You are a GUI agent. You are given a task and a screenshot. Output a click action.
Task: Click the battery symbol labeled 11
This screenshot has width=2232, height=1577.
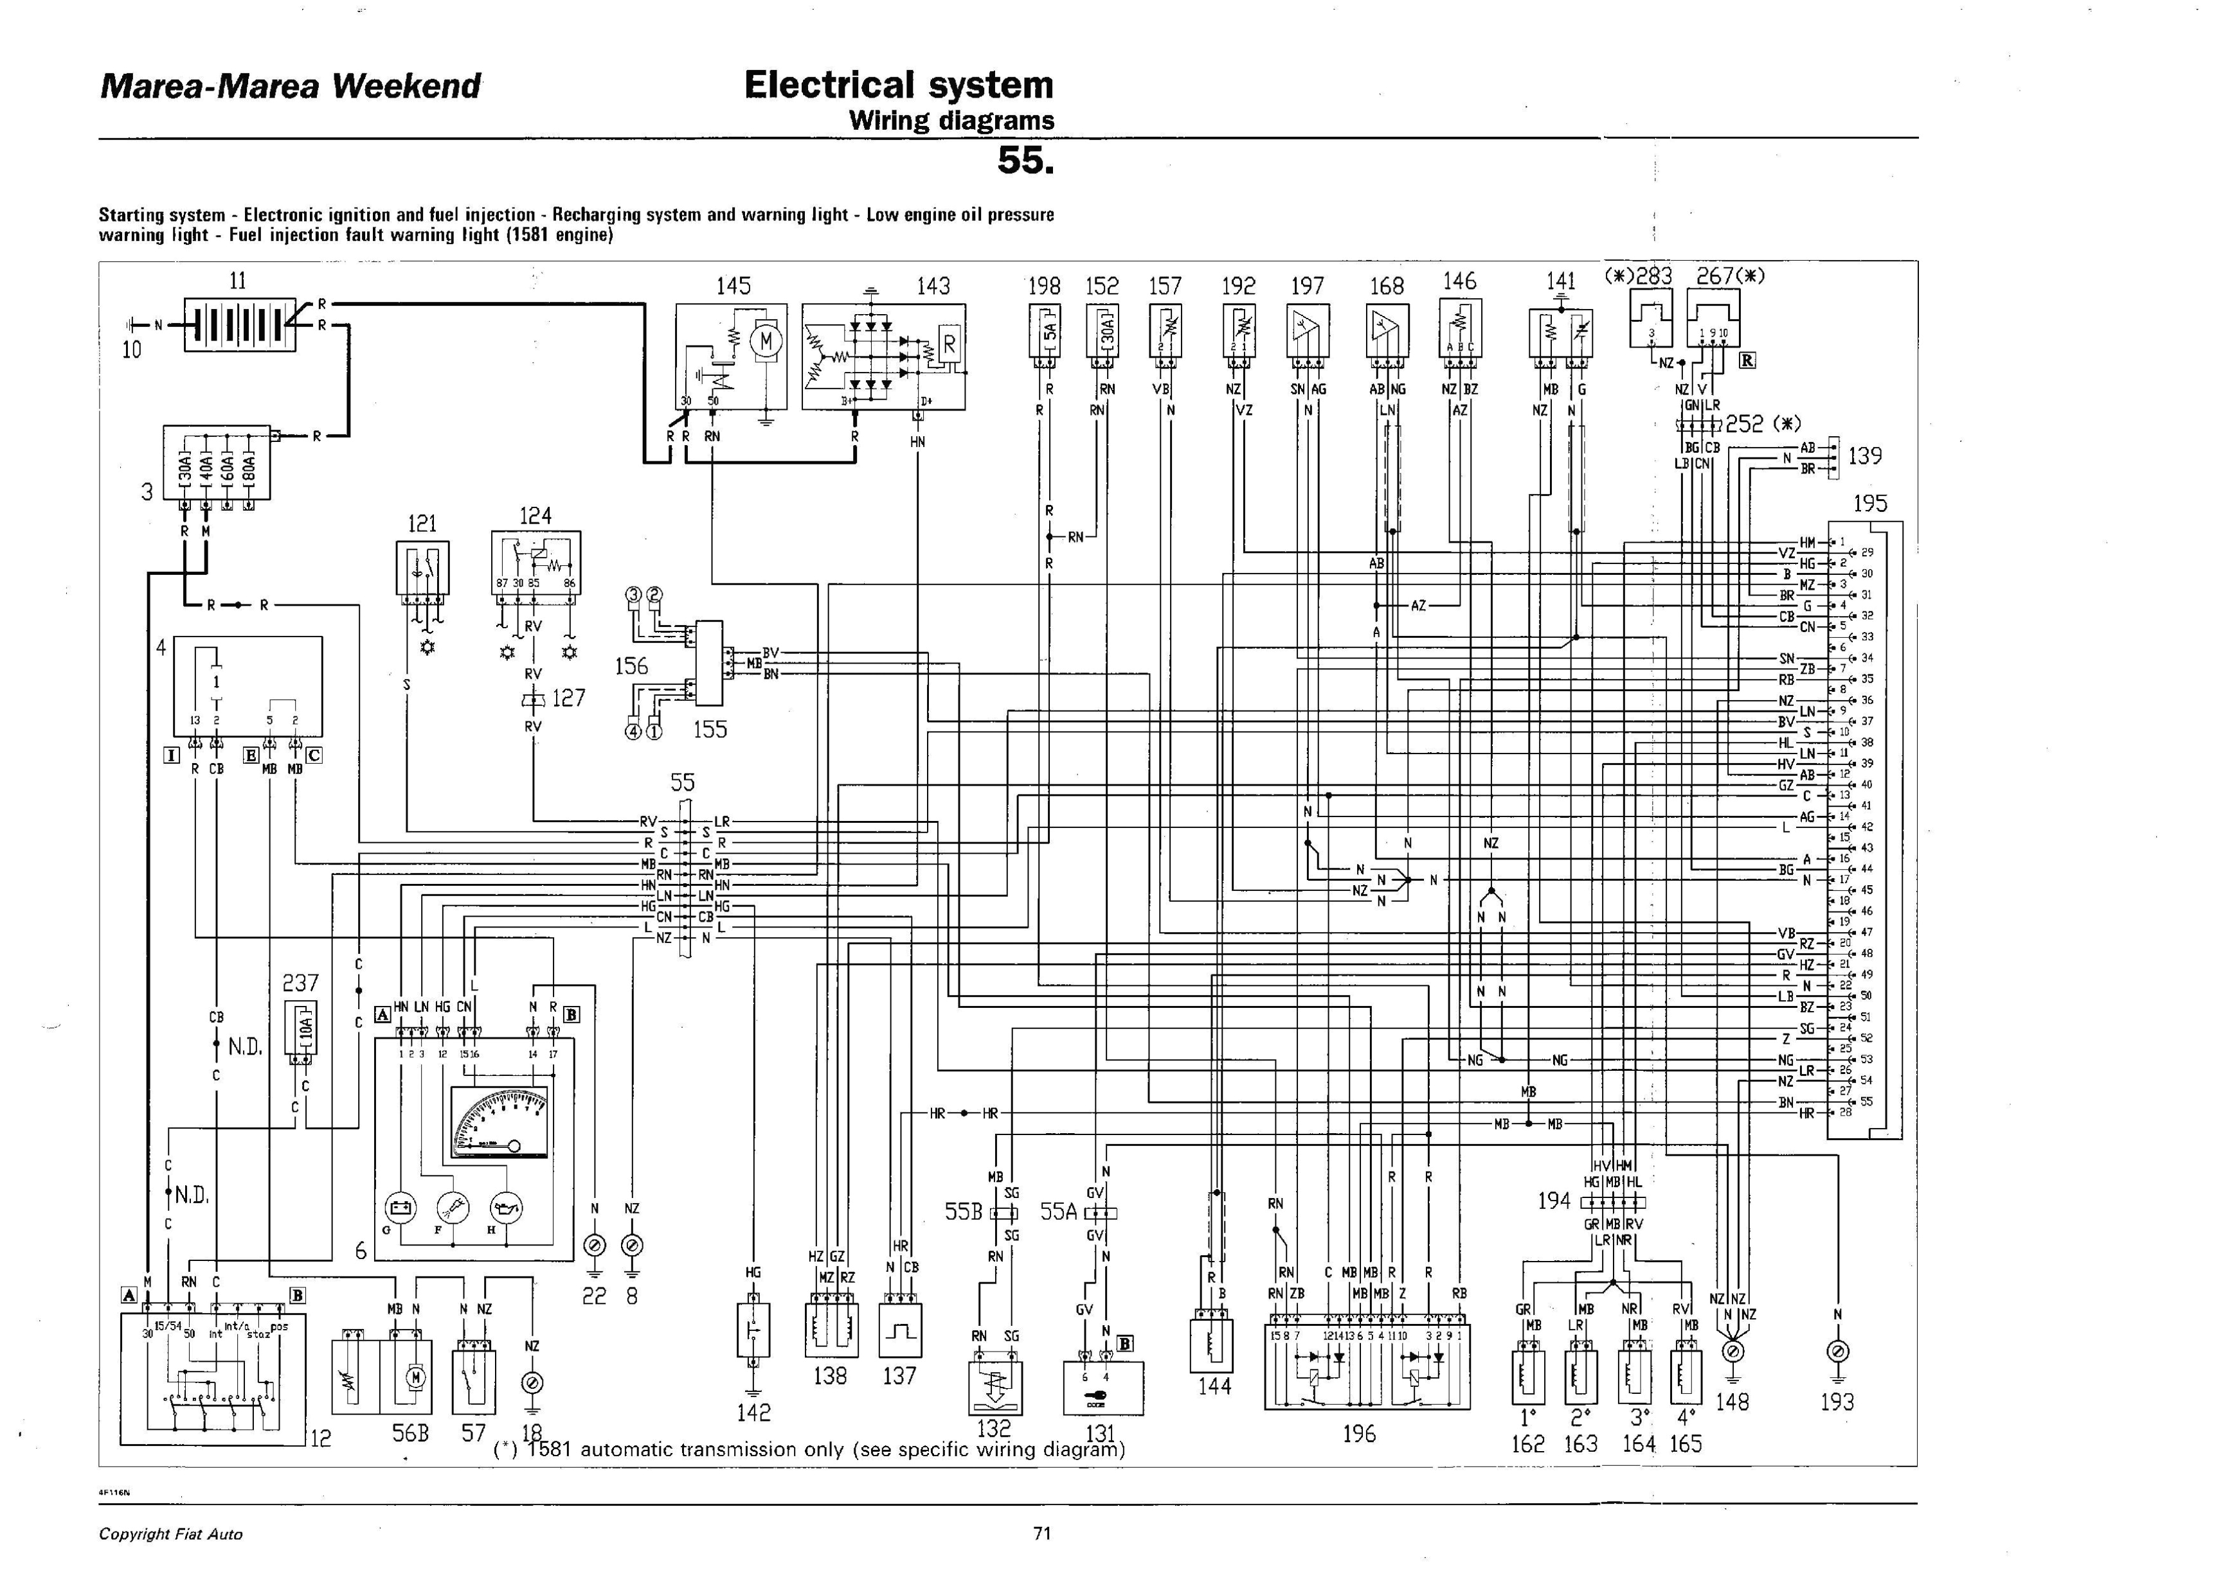tap(239, 324)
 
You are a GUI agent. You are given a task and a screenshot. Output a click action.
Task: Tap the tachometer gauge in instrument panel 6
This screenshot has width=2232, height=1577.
tap(500, 1122)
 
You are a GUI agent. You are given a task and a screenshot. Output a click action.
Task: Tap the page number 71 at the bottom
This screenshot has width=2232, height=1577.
tap(1042, 1533)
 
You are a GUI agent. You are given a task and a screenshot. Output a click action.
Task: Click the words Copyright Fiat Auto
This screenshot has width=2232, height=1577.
tap(171, 1534)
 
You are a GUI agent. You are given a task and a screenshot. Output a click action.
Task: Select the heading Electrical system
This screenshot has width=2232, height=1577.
tap(898, 85)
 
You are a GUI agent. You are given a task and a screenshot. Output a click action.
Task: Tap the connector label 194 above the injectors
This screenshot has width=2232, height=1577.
tap(1553, 1201)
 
